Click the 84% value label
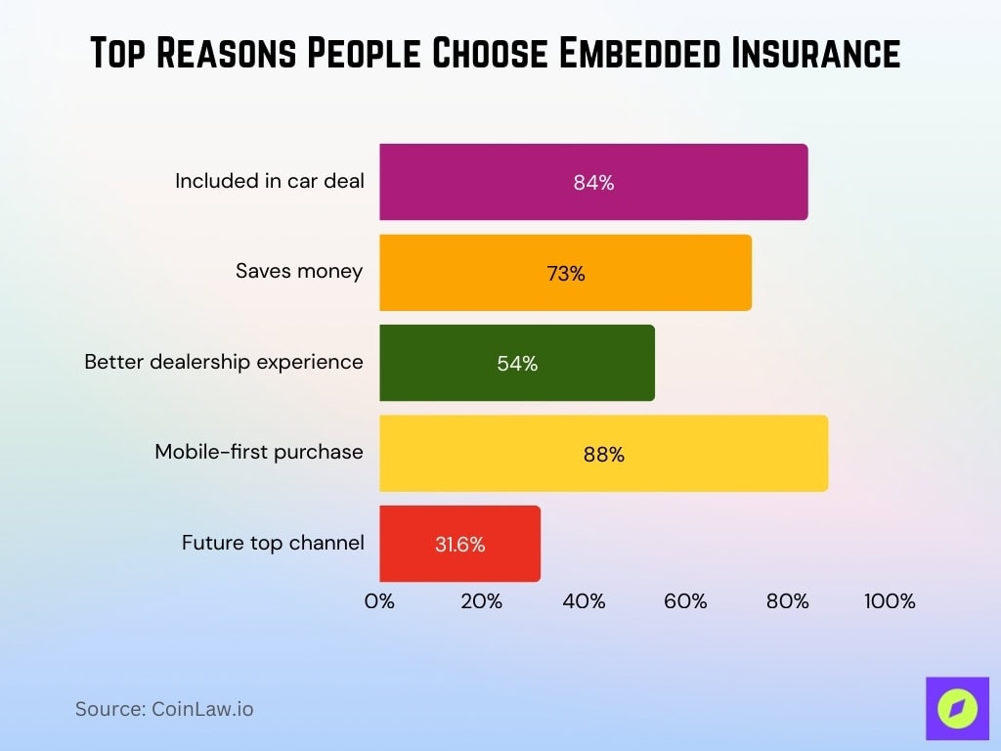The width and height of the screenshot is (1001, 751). (593, 183)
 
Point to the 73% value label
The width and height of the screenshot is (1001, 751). (566, 274)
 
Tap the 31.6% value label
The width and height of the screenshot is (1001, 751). (459, 545)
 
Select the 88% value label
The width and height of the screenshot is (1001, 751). (604, 455)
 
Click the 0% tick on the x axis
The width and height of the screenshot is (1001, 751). (379, 601)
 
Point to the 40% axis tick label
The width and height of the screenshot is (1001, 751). (584, 601)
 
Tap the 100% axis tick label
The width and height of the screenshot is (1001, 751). (890, 601)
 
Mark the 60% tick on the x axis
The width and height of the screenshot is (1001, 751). (685, 601)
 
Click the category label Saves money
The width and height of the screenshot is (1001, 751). (299, 271)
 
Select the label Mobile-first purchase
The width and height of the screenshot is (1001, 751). (259, 452)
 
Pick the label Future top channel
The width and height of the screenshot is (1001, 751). (273, 542)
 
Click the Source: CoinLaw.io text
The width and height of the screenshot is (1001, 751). (164, 709)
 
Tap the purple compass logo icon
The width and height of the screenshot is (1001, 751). (957, 709)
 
